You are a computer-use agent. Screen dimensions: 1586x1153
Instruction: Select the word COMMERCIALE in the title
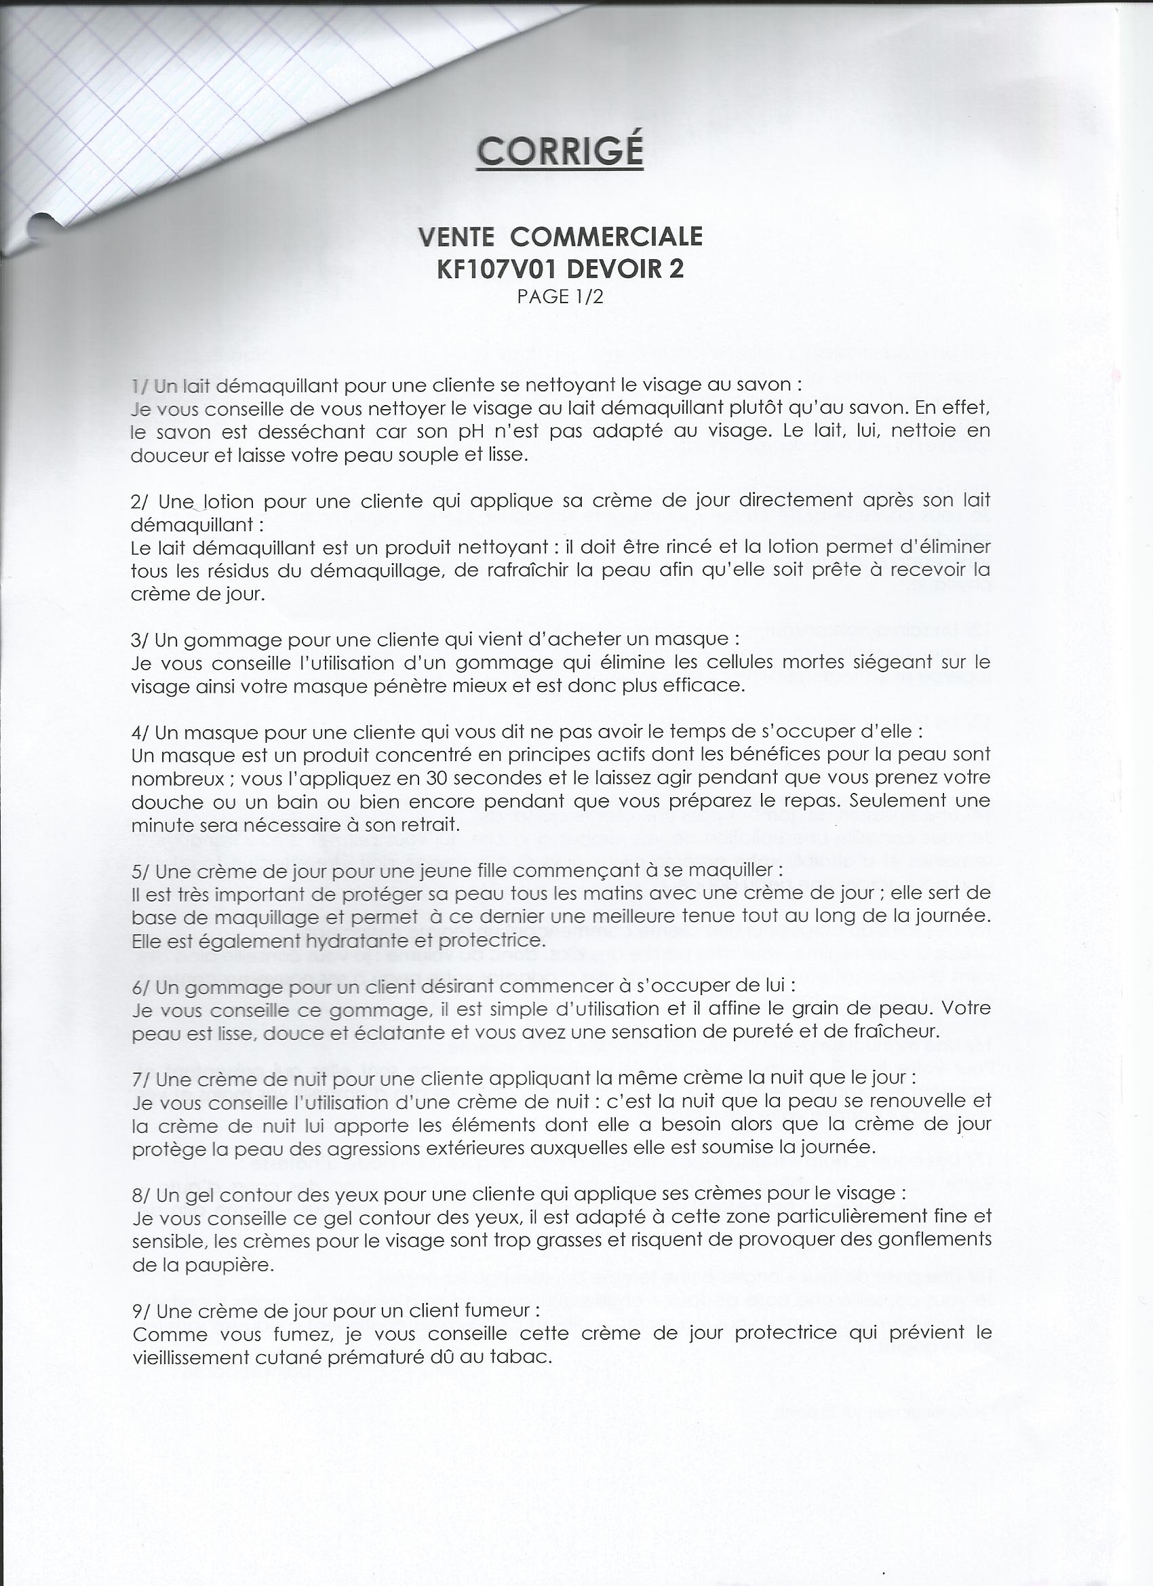606,237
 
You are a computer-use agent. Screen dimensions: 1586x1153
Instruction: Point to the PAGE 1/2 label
560,296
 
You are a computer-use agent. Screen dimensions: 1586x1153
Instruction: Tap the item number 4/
140,732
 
